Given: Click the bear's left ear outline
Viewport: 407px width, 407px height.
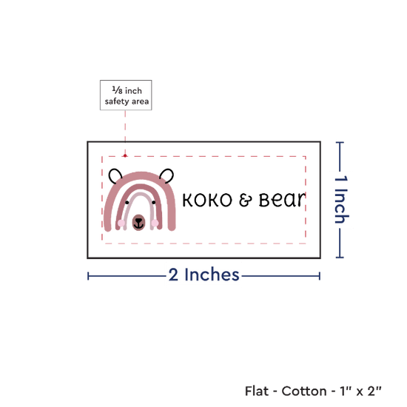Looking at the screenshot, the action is [112, 172].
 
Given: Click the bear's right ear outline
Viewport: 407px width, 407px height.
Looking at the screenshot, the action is [170, 172].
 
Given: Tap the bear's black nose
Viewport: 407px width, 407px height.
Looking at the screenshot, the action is [139, 221].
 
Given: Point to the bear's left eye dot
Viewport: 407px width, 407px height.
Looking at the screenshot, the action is [127, 203].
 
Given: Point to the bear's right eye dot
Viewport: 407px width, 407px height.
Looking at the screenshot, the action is [154, 203].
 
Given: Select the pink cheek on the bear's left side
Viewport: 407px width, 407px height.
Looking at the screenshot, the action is [121, 223].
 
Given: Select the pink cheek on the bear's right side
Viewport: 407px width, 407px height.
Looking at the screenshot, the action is [155, 223].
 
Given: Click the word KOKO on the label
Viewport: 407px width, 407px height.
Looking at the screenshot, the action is [207, 200].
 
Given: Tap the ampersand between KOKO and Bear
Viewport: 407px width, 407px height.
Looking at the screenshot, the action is [245, 200].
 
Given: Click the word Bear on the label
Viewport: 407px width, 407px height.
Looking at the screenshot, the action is [283, 200].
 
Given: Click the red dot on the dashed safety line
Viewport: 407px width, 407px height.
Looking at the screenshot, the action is [125, 155].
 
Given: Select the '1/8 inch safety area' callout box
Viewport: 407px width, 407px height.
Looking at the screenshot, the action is [126, 95].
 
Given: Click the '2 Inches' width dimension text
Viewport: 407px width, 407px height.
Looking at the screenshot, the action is [203, 275].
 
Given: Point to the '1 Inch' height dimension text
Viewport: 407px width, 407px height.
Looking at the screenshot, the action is [341, 199].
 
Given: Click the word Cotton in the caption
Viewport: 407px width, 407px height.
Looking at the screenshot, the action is [304, 391].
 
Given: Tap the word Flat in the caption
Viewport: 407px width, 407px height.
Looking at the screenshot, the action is [257, 391].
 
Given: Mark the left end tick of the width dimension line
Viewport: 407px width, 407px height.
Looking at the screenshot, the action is [88, 276].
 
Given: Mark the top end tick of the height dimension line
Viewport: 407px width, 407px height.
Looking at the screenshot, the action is [340, 142].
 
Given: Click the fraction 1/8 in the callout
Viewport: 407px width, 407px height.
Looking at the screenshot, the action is [118, 90].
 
